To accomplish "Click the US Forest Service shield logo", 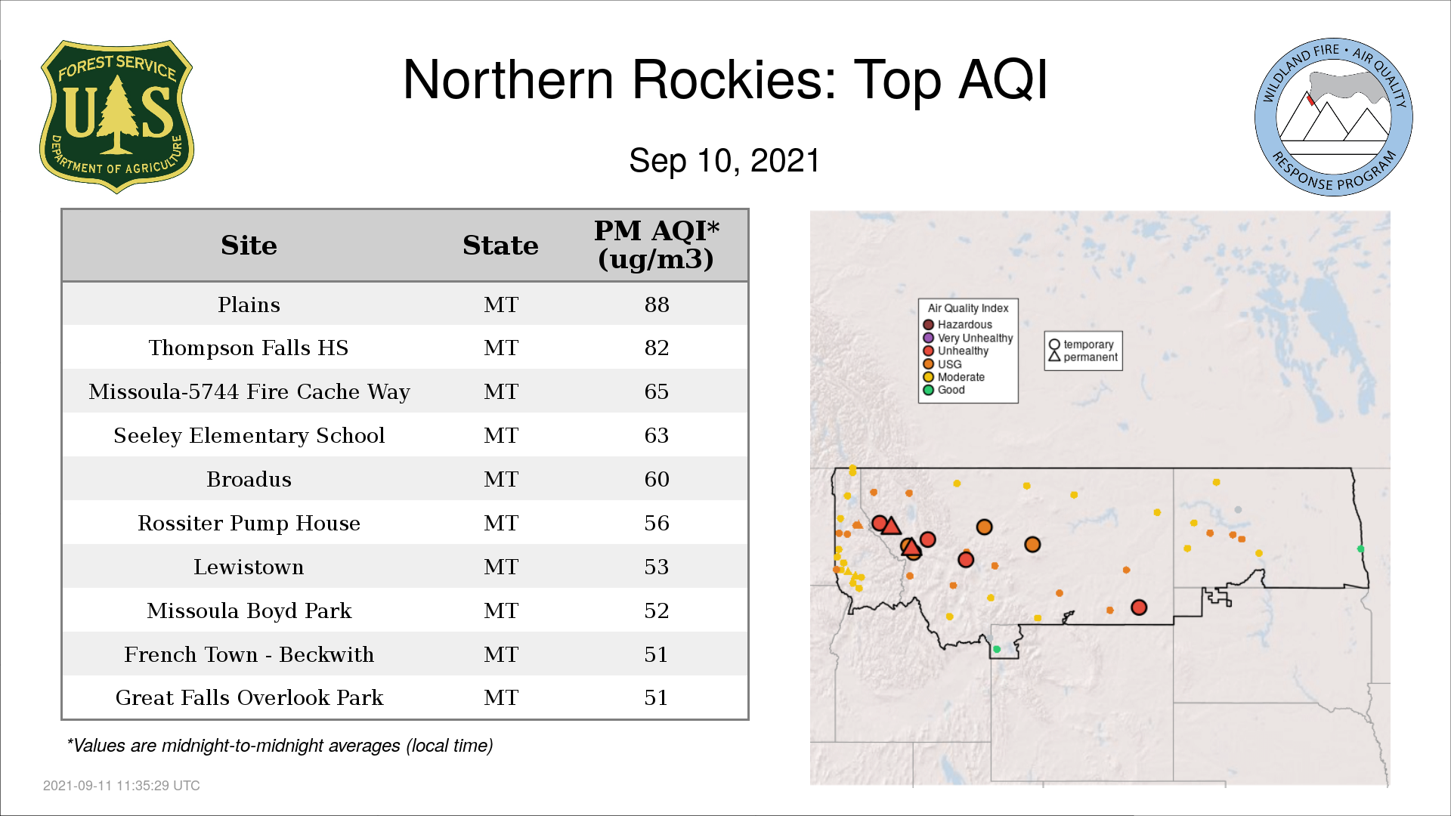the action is pos(116,117).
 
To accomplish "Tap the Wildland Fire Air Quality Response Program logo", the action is pos(1334,117).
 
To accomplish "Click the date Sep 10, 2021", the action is pos(725,161).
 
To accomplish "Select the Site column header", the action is pos(249,246).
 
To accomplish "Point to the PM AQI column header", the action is pos(656,245).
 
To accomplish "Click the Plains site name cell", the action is pos(249,304).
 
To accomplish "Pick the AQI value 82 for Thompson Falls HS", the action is pos(656,348).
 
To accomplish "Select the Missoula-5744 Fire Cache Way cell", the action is pos(249,391).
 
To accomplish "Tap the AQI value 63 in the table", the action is pos(656,435).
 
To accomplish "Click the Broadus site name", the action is pos(249,479).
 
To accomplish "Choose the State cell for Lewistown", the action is pos(501,567).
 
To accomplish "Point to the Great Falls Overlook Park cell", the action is pos(249,697).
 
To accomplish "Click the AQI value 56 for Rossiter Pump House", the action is pos(656,523).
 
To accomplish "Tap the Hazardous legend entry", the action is pos(958,325).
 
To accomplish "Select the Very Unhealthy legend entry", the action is pos(967,338).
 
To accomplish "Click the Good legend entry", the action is pos(944,390).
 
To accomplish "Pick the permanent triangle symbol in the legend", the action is pos(1054,357).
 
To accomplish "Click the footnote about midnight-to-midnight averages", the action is pos(280,746).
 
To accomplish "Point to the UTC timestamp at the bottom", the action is pos(122,786).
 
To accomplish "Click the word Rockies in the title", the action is pos(734,80).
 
